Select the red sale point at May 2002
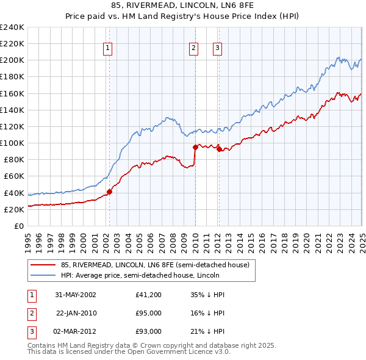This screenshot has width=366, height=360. point(110,192)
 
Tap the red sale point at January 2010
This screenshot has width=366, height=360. point(195,147)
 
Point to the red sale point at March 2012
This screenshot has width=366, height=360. point(219,149)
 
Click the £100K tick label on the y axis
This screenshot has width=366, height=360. point(12,143)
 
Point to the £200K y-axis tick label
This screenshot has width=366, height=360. point(12,60)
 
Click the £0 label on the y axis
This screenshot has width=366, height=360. point(18,226)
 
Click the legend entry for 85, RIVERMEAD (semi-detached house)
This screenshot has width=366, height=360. point(155,265)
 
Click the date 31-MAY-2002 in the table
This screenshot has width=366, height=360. point(76,295)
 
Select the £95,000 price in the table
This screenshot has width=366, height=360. point(149,313)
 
